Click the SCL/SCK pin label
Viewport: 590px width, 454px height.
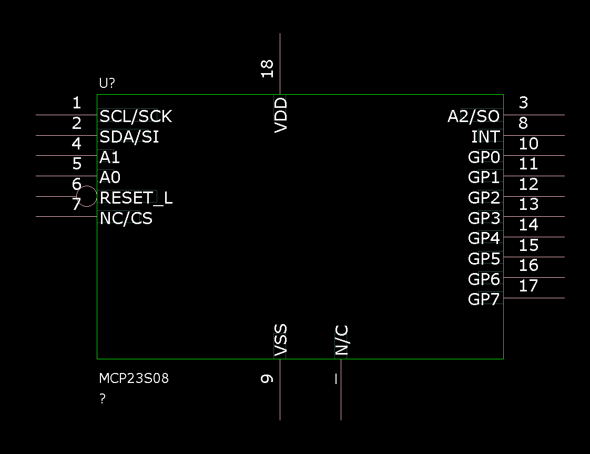[x=136, y=116]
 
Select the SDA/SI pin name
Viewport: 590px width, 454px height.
[x=129, y=137]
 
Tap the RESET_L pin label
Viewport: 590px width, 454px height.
[x=136, y=198]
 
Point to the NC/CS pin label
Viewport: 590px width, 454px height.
[x=126, y=218]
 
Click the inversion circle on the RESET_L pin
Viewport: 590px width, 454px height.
[x=87, y=196]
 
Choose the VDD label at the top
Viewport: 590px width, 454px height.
[x=281, y=114]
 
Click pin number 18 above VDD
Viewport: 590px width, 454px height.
[x=268, y=68]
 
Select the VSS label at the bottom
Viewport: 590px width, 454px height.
[x=281, y=340]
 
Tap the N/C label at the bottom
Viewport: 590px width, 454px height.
[x=342, y=340]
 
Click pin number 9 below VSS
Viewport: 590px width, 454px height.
[x=268, y=378]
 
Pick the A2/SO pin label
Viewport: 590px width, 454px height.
[x=473, y=116]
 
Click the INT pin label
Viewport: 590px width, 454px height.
[x=485, y=137]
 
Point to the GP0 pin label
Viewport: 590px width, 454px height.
[x=484, y=157]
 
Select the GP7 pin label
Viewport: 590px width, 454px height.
[x=484, y=299]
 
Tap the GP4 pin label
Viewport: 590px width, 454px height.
[x=484, y=238]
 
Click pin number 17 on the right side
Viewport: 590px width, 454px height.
[x=528, y=286]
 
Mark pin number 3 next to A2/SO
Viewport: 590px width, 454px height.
[x=523, y=103]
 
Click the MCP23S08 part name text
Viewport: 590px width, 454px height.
[x=134, y=378]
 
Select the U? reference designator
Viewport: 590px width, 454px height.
[x=107, y=83]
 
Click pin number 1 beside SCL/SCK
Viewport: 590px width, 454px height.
[x=77, y=103]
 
